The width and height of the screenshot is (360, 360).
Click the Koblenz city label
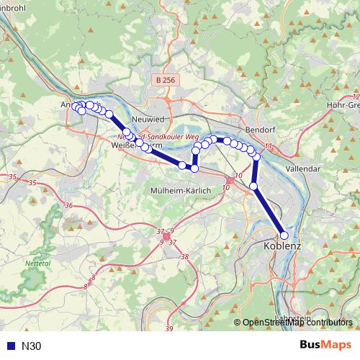click(x=278, y=246)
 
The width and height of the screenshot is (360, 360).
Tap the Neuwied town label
click(x=148, y=121)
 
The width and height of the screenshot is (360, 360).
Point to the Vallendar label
click(x=302, y=168)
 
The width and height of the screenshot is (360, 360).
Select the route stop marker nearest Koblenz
click(x=284, y=235)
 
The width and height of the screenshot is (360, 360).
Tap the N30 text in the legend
click(x=32, y=346)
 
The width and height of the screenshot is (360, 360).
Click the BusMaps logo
click(x=325, y=346)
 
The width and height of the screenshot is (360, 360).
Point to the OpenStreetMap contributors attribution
click(x=297, y=323)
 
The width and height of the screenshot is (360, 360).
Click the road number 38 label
click(x=185, y=257)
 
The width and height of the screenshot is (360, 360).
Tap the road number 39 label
click(x=169, y=329)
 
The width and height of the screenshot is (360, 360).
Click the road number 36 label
click(x=68, y=206)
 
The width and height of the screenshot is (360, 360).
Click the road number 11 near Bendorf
click(x=269, y=147)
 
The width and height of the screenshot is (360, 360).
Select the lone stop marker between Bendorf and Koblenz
click(x=253, y=186)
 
